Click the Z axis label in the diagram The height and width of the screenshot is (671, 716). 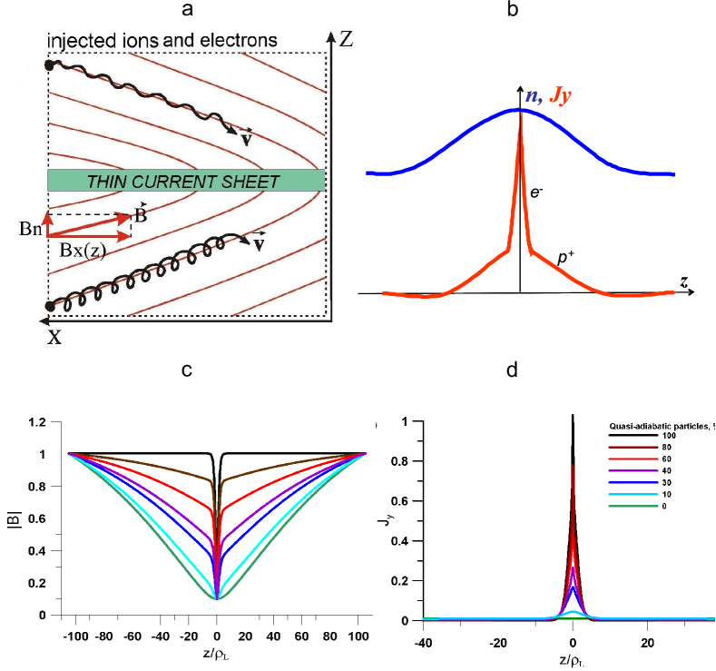pos(345,38)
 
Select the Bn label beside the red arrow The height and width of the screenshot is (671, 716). pos(29,228)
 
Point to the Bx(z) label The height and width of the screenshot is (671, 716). pos(82,252)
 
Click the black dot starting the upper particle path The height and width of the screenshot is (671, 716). pos(50,65)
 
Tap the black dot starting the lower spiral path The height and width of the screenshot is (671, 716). pos(50,306)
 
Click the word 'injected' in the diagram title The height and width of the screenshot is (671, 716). pos(77,41)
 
